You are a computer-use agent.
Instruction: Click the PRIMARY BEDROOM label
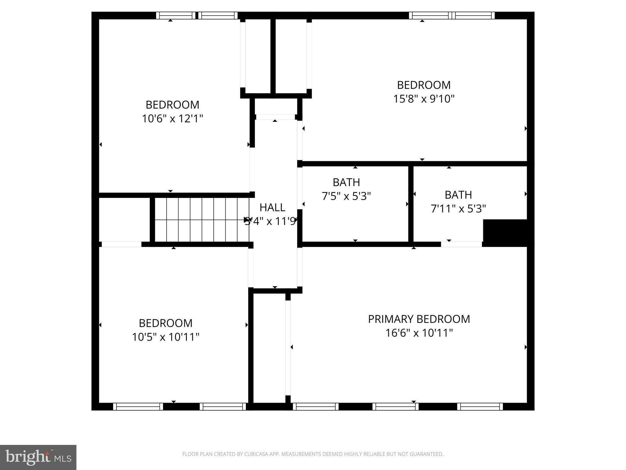click(419, 319)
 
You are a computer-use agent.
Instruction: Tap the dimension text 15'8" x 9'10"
click(424, 99)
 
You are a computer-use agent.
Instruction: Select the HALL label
click(272, 207)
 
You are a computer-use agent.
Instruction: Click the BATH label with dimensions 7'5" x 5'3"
click(346, 182)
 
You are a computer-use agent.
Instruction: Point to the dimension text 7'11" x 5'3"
click(458, 209)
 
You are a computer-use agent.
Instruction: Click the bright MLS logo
click(38, 457)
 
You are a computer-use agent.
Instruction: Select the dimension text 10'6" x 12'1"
click(172, 118)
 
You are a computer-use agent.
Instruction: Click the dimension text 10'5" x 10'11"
click(165, 337)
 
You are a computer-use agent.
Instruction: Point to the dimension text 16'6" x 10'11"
click(419, 333)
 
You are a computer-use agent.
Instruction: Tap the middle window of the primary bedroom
click(395, 406)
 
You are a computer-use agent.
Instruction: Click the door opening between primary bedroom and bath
click(461, 244)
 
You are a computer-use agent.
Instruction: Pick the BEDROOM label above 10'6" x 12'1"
click(172, 105)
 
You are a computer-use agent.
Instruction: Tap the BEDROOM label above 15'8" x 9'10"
click(424, 85)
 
